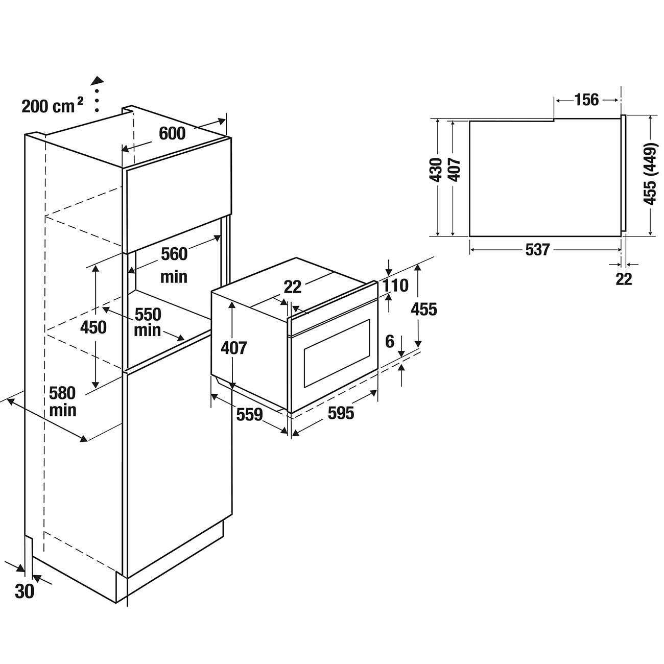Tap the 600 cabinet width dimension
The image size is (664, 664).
click(172, 133)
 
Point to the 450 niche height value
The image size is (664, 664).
click(93, 327)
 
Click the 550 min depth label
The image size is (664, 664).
click(148, 322)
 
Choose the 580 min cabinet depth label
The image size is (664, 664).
click(63, 401)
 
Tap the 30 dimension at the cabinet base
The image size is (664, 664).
click(25, 591)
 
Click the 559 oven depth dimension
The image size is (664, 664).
click(249, 414)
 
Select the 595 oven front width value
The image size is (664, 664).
click(341, 413)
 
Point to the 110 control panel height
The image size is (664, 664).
click(396, 286)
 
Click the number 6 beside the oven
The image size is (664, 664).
click(390, 341)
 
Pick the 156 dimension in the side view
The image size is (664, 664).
click(586, 100)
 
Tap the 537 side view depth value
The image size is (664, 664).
click(537, 249)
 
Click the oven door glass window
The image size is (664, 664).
click(337, 353)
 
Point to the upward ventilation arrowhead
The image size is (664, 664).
click(97, 81)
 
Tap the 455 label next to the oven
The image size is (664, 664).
click(424, 309)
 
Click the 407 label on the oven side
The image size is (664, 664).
click(234, 348)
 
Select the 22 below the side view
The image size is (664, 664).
click(624, 279)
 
